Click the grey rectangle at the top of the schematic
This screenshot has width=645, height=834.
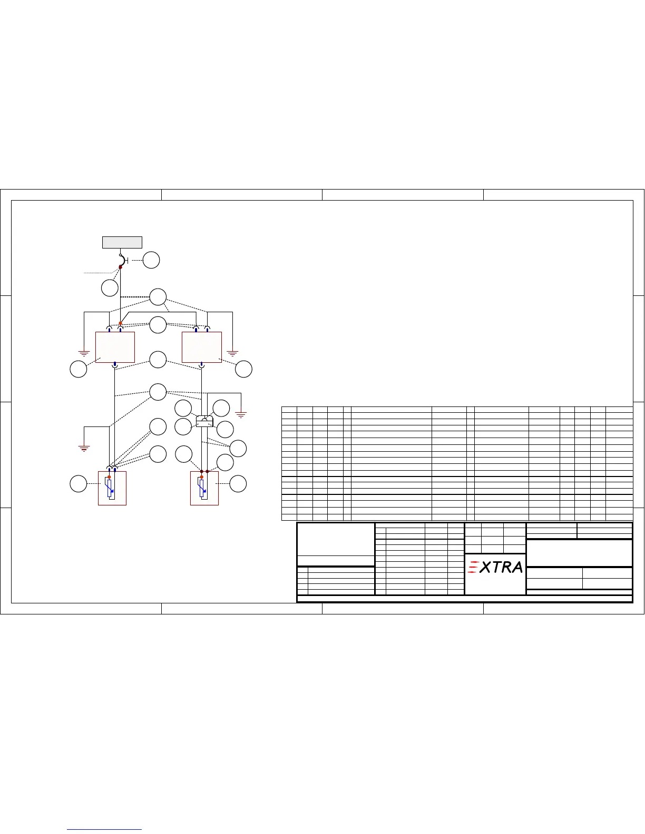point(122,242)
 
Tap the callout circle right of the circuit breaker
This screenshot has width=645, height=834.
point(151,260)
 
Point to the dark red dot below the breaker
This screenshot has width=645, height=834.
point(120,267)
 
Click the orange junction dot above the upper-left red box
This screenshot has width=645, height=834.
point(120,323)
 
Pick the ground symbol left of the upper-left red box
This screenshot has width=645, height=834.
point(84,353)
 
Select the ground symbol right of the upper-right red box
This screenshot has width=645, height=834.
point(232,353)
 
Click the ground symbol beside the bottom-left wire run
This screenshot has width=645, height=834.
point(84,448)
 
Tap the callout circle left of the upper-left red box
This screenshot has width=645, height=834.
point(79,369)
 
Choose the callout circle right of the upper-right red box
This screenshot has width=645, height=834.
point(243,369)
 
